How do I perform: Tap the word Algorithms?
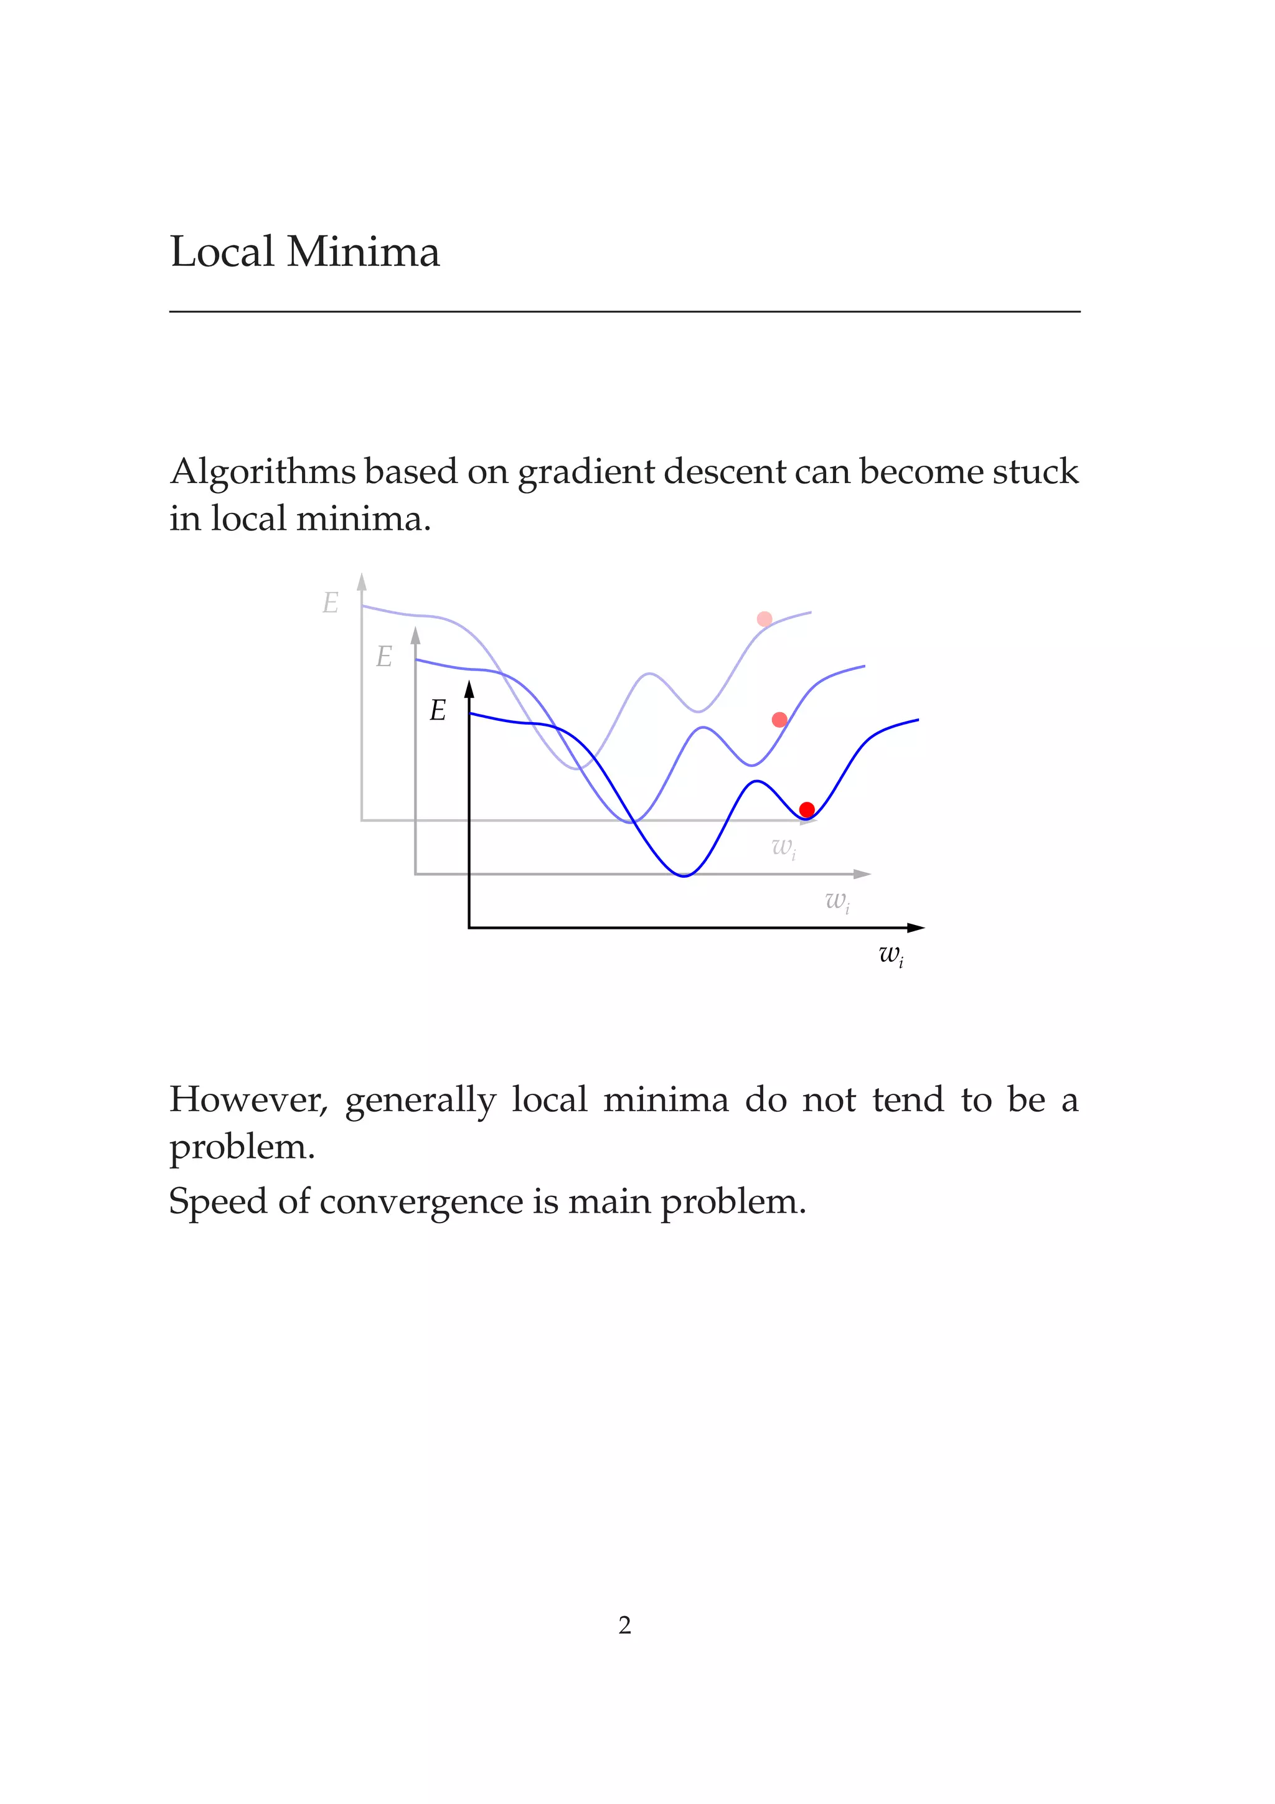pyautogui.click(x=262, y=473)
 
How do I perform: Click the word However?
pyautogui.click(x=248, y=1100)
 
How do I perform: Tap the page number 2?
pyautogui.click(x=624, y=1625)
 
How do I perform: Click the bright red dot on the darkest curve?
pyautogui.click(x=807, y=809)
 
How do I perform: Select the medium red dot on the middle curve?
pyautogui.click(x=779, y=720)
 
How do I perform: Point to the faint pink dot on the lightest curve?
pyautogui.click(x=765, y=619)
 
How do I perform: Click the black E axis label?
pyautogui.click(x=438, y=711)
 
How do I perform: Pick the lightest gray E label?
pyautogui.click(x=331, y=603)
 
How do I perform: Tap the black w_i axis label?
pyautogui.click(x=891, y=956)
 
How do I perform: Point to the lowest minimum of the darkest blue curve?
pyautogui.click(x=684, y=875)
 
